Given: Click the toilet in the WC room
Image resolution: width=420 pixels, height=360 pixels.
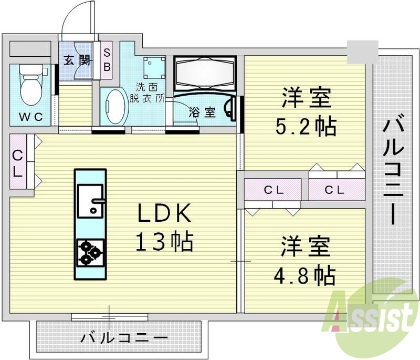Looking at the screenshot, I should (x=30, y=84).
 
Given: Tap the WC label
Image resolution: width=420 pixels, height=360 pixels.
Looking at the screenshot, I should (x=30, y=116).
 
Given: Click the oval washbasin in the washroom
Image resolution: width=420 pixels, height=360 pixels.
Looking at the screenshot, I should (x=115, y=106).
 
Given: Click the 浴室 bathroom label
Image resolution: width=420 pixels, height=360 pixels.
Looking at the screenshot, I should (x=202, y=112).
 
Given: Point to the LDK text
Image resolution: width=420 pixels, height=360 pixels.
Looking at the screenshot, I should (x=164, y=214).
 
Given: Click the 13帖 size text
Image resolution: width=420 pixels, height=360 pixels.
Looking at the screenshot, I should (x=164, y=242).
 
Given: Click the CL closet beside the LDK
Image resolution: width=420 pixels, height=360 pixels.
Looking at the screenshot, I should (x=18, y=162).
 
